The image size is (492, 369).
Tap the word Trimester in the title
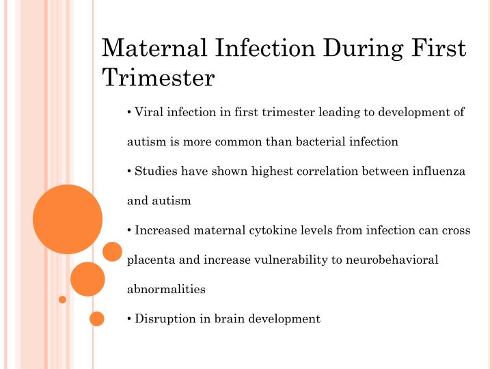click(x=158, y=78)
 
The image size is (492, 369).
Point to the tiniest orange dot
click(x=62, y=299)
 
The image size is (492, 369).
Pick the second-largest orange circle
click(x=87, y=279)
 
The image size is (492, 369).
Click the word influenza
click(x=437, y=172)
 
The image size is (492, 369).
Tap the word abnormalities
click(x=166, y=289)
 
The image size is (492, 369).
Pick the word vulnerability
click(x=289, y=260)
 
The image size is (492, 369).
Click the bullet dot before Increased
click(x=129, y=230)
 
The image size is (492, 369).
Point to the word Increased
click(x=162, y=230)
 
